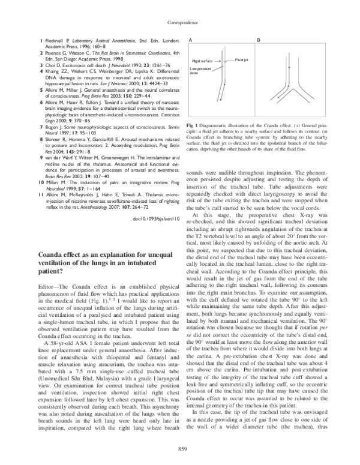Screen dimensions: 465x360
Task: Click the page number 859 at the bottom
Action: (x=181, y=448)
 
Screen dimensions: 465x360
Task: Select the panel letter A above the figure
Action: (x=190, y=39)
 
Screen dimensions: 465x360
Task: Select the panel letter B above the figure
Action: (x=259, y=39)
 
